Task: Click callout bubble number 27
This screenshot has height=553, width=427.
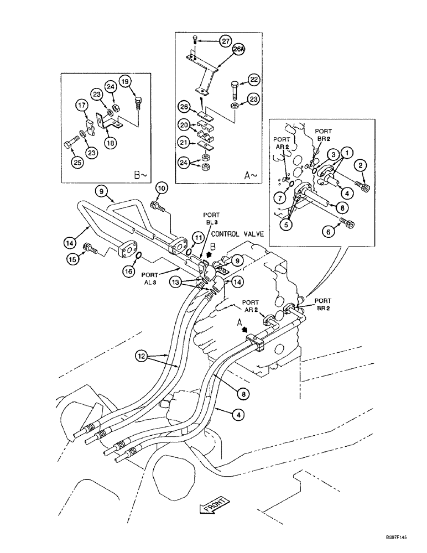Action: pos(225,40)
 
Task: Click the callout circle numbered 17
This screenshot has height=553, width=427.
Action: pos(82,105)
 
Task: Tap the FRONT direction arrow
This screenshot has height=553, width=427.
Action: pos(211,507)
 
